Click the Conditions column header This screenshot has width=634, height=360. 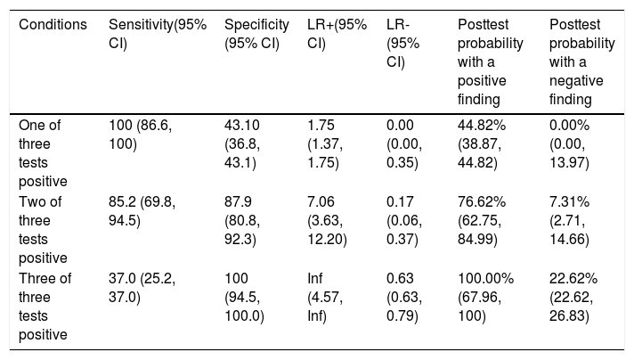point(53,25)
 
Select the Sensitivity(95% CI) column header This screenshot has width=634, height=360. point(158,34)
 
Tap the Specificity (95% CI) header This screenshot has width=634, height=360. point(256,34)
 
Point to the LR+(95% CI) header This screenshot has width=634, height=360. point(337,34)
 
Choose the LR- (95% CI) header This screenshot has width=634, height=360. point(402,44)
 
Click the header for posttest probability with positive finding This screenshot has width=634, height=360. point(490,61)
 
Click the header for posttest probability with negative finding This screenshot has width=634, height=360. point(581,61)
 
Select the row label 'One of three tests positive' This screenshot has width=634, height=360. point(43,153)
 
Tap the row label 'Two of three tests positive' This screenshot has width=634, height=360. point(43,230)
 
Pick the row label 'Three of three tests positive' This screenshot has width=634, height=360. point(45,307)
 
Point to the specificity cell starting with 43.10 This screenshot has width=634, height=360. point(242,144)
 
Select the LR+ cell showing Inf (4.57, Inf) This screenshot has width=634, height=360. point(325,298)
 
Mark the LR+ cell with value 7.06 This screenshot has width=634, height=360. point(327,220)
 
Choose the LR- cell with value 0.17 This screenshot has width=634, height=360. point(404,220)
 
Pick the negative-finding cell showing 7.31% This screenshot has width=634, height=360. point(569,220)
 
